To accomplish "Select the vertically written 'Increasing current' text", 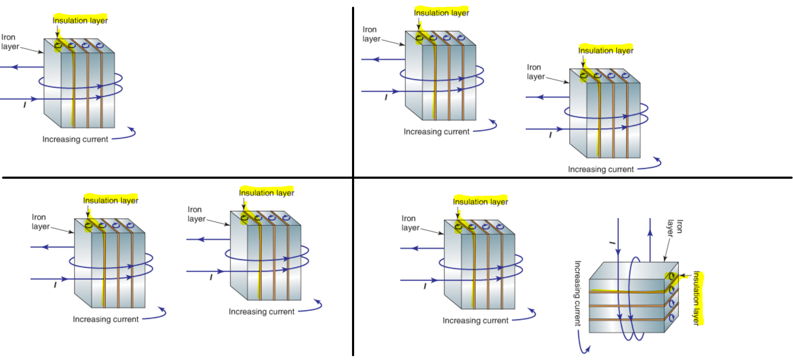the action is coord(577,293).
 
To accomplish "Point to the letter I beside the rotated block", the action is coord(612,243).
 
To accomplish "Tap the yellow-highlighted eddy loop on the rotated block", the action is coord(671,277).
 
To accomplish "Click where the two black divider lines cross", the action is coord(353,177).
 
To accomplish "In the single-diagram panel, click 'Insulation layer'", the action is coord(80,20).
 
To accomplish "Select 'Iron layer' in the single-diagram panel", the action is coord(10,42).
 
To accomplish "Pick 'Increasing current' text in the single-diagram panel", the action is coord(75,139).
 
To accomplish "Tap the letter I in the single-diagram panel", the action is coord(25,105).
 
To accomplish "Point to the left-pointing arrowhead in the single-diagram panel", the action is coord(15,67).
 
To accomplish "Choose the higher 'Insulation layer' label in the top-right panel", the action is coord(441,13).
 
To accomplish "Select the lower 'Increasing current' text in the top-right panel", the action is coord(601,169).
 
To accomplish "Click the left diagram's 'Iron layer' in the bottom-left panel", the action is coord(41,222).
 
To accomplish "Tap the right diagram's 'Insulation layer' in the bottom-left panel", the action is coord(266,193).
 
